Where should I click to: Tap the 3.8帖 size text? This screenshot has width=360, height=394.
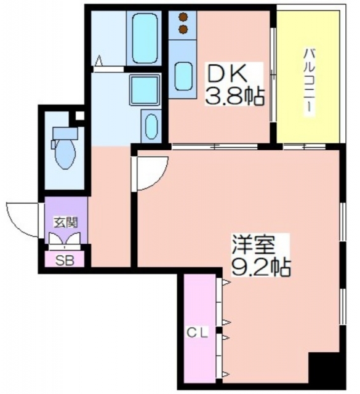234,96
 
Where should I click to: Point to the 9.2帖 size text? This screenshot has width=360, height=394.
260,267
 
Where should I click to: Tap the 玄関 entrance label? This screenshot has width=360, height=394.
66,223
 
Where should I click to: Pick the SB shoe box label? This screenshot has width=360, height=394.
65,261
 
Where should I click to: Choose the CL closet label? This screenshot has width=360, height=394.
198,333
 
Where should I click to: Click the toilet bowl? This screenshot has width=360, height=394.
65,153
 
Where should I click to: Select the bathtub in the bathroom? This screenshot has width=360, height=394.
145,38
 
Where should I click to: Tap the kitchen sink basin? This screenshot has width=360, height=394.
183,76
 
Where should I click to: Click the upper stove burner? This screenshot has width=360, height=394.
183,17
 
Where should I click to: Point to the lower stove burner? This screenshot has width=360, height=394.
183,30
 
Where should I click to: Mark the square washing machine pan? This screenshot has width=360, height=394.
145,90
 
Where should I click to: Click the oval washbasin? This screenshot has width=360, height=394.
151,127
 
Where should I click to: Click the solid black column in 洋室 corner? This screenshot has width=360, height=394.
323,368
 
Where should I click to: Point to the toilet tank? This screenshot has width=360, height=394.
65,133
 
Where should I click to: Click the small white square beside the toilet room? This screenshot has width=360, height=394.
79,116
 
